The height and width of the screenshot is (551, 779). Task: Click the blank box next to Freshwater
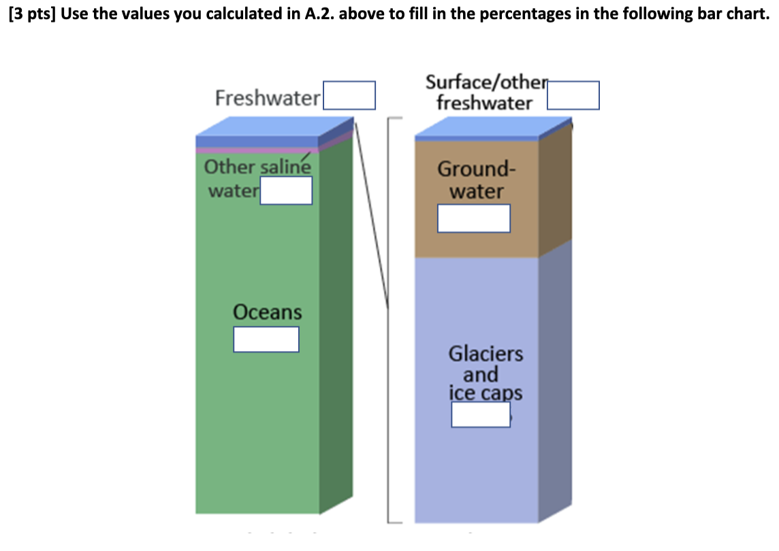349,95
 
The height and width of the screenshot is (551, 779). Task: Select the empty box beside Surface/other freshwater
573,95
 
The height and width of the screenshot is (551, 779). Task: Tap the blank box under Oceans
266,339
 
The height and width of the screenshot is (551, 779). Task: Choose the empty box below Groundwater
474,218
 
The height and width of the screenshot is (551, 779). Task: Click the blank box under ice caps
481,414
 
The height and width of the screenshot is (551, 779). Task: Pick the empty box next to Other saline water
286,190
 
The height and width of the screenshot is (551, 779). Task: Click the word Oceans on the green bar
267,312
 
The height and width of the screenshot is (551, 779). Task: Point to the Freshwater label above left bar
267,99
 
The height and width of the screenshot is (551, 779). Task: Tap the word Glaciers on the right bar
486,354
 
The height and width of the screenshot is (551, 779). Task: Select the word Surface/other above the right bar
486,82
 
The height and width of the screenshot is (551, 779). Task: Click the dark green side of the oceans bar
336,327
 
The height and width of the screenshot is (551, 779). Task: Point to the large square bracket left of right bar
390,320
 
